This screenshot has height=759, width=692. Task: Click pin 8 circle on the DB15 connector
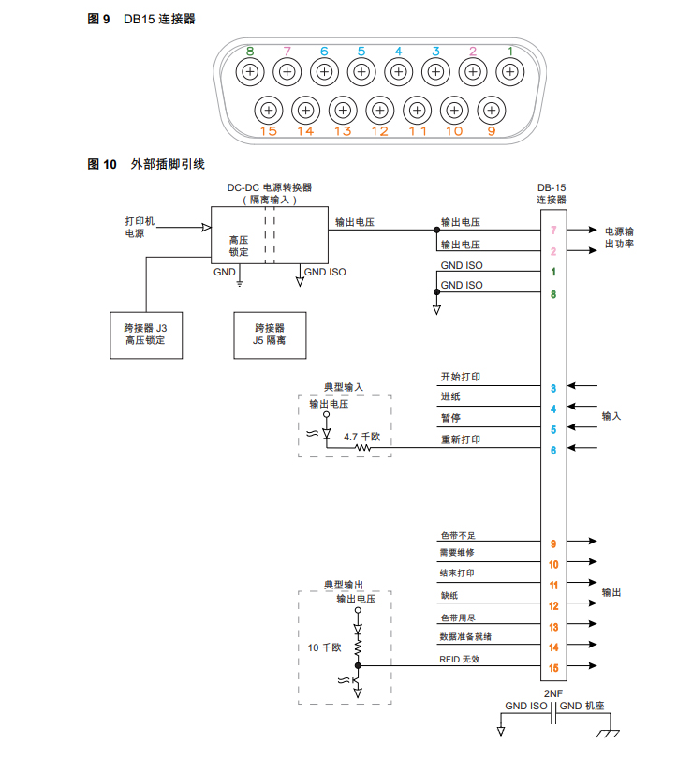[250, 71]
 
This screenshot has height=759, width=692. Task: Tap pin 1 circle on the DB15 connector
[509, 71]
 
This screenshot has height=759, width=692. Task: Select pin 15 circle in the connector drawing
[269, 110]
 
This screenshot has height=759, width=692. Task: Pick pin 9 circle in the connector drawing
[491, 110]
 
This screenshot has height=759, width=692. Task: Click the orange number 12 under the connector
[379, 131]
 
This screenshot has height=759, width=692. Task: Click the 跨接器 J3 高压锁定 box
[145, 335]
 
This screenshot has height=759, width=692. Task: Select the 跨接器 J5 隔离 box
[270, 335]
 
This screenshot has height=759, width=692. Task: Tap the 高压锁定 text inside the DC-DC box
[239, 246]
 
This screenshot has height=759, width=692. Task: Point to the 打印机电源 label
[140, 227]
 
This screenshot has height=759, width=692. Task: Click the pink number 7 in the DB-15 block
[553, 230]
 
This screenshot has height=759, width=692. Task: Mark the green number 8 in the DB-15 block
[553, 294]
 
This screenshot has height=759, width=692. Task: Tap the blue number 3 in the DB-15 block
[553, 388]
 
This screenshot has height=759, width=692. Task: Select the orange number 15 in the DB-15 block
[553, 668]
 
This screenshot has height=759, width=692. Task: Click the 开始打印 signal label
[461, 377]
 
